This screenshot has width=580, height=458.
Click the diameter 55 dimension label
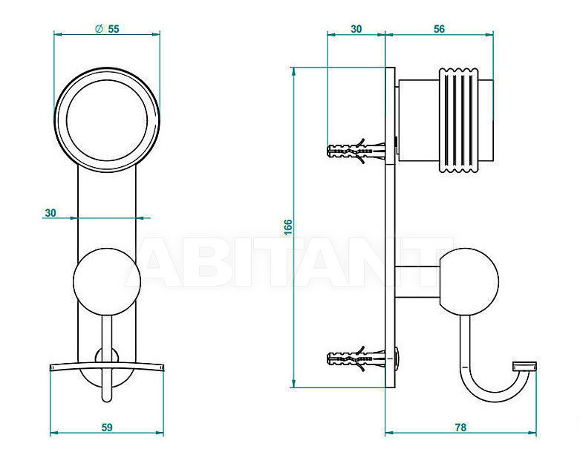pyautogui.click(x=107, y=29)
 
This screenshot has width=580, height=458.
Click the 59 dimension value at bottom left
pyautogui.click(x=106, y=428)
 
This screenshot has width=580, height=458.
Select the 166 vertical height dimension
pyautogui.click(x=288, y=227)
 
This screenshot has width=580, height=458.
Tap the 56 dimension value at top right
pyautogui.click(x=439, y=29)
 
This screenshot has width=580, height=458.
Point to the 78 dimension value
pyautogui.click(x=460, y=428)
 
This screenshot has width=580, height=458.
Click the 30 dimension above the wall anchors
pyautogui.click(x=356, y=29)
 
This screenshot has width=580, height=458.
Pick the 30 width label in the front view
pyautogui.click(x=50, y=213)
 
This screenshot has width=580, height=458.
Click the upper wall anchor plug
pyautogui.click(x=356, y=150)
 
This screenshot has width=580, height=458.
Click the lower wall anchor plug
pyautogui.click(x=356, y=358)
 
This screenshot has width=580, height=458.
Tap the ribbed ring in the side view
pyautogui.click(x=457, y=120)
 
